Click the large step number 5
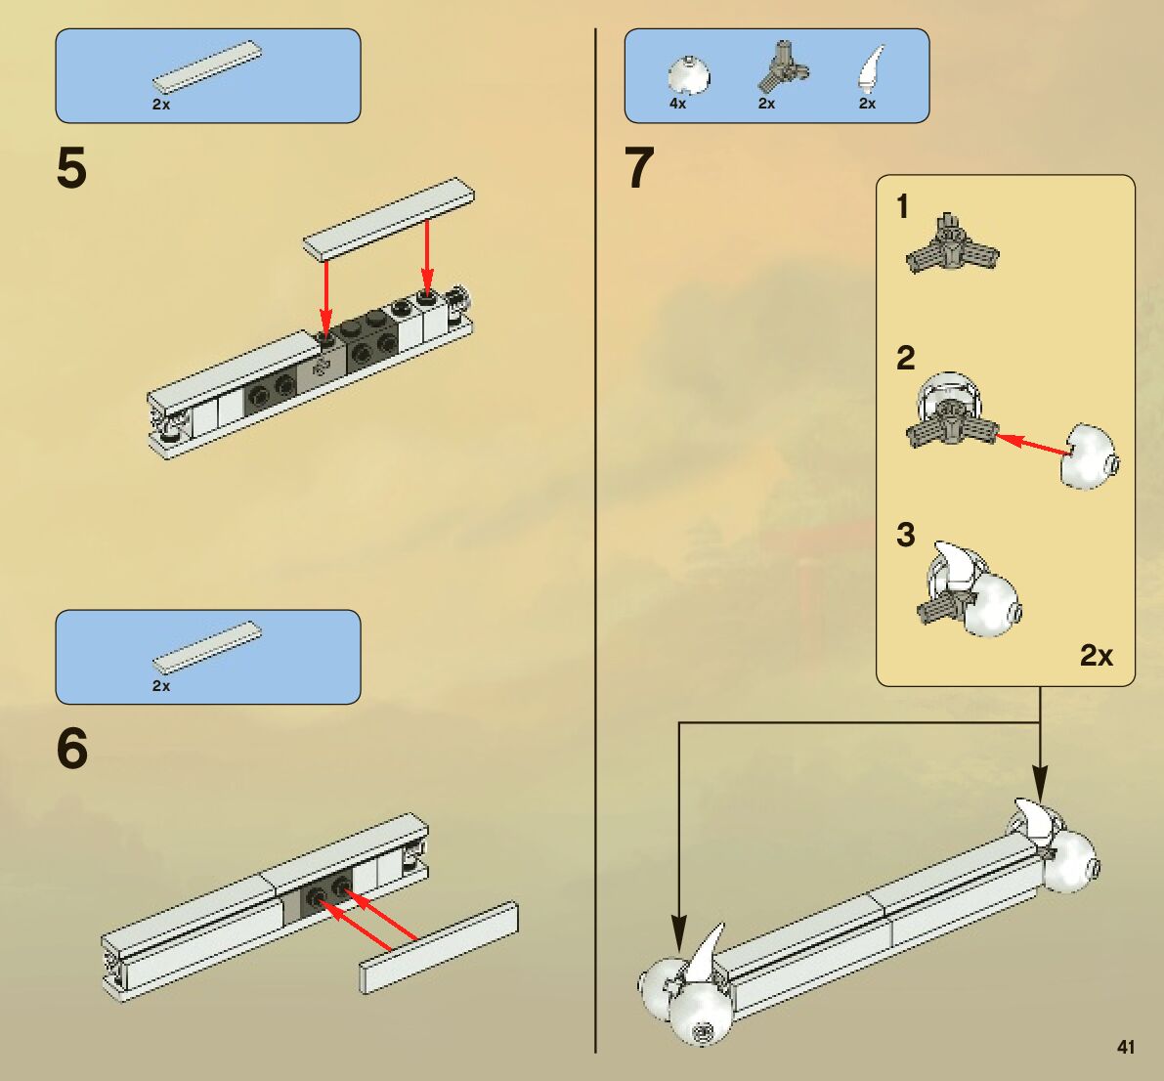coord(71,168)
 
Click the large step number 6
coord(72,749)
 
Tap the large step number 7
coord(639,168)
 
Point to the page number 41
coord(1126,1047)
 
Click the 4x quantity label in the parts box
coord(677,104)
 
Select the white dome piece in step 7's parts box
coord(688,74)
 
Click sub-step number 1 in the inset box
coord(903,207)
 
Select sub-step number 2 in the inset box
coord(906,358)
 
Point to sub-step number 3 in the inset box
coord(906,535)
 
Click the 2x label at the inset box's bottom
coord(1097,655)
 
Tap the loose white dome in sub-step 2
coord(1090,456)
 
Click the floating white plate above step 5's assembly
coord(388,220)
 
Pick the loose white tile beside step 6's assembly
coord(439,947)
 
